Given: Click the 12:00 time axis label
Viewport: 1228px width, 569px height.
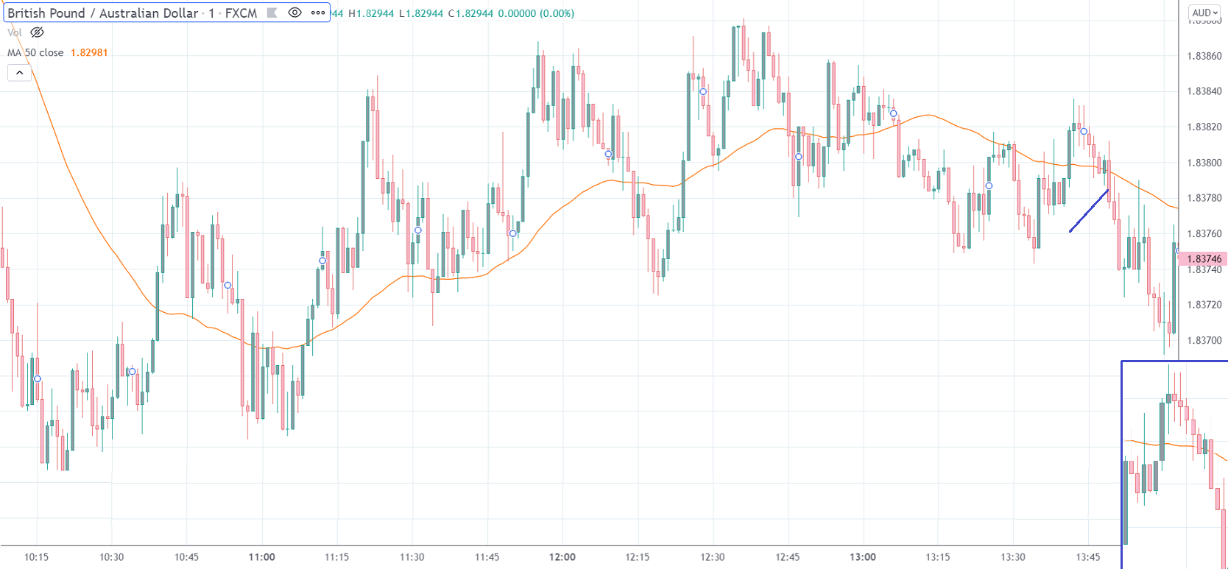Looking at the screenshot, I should pos(562,557).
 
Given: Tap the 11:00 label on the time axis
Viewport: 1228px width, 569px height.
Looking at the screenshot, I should pos(262,557).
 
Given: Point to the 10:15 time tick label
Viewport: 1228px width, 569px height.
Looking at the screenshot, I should pos(36,557).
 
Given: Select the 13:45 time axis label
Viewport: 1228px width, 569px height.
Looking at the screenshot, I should pos(1088,557).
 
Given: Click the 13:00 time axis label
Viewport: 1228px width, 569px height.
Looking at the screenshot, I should pos(863,557).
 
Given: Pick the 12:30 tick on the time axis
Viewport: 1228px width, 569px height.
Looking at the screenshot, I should pos(713,557).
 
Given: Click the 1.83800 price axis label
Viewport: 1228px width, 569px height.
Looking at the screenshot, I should pos(1204,163).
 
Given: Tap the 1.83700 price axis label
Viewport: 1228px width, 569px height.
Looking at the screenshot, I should pos(1204,341).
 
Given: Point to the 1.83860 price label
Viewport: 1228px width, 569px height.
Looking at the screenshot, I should pos(1204,56).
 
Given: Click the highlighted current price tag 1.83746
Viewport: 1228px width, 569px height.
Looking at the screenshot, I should pos(1203,259).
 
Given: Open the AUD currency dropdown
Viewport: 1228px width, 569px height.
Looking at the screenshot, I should pos(1204,13).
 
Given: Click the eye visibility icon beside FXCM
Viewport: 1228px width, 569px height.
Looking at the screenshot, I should pos(294,13).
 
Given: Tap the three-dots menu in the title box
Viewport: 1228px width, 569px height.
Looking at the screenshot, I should pos(318,13).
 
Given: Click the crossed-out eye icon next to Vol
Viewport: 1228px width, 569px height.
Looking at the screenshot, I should pos(37,32).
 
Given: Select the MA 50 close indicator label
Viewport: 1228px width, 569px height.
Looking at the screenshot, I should pos(35,52).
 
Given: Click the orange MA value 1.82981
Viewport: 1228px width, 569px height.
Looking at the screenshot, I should pos(89,52).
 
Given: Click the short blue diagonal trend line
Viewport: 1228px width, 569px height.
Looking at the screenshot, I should pos(1089,211).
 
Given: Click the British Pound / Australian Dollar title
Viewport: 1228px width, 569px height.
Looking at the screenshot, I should pos(102,13).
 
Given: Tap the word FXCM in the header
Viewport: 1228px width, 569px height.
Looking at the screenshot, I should pos(241,13).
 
